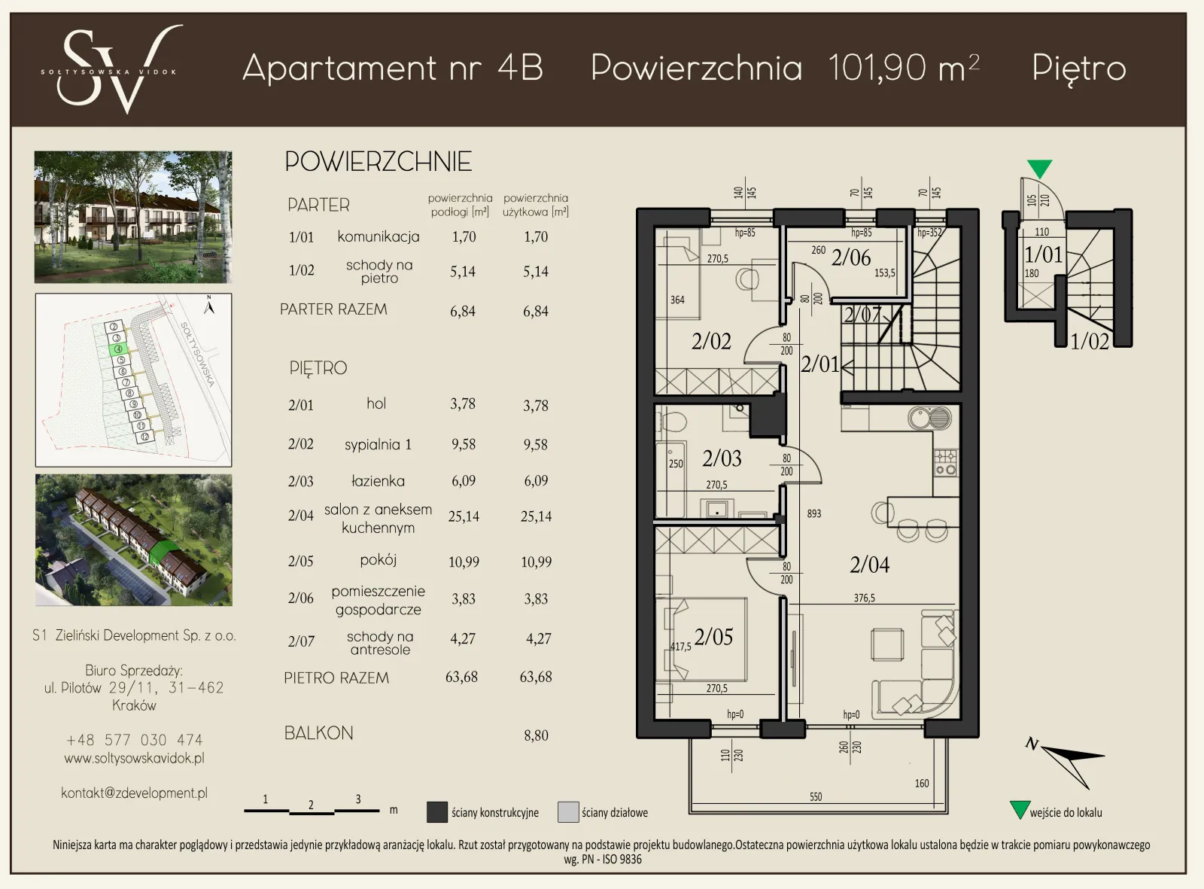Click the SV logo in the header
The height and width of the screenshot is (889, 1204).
click(111, 69)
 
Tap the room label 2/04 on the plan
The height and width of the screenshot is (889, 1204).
click(869, 565)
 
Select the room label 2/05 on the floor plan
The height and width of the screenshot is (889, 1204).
click(713, 637)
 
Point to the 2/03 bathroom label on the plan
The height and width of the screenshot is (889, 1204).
click(722, 458)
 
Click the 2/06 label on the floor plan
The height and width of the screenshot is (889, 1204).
click(850, 257)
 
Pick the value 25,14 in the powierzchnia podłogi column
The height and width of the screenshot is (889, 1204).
click(464, 516)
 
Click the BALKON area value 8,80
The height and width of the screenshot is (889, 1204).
click(536, 735)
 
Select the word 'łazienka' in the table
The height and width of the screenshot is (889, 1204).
click(378, 481)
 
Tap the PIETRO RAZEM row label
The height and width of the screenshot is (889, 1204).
click(336, 677)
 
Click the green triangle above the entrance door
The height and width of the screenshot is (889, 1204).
click(1039, 168)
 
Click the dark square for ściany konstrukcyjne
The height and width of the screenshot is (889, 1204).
click(437, 812)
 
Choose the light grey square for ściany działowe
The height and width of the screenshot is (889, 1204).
click(568, 812)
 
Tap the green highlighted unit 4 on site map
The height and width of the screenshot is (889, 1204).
click(118, 349)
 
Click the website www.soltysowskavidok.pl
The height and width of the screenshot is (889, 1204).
click(134, 758)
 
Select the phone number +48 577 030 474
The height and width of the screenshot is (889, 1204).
click(134, 740)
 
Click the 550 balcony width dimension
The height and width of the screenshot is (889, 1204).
click(815, 796)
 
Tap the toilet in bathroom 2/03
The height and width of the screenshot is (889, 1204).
click(672, 423)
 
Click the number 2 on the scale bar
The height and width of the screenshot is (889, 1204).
click(311, 805)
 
